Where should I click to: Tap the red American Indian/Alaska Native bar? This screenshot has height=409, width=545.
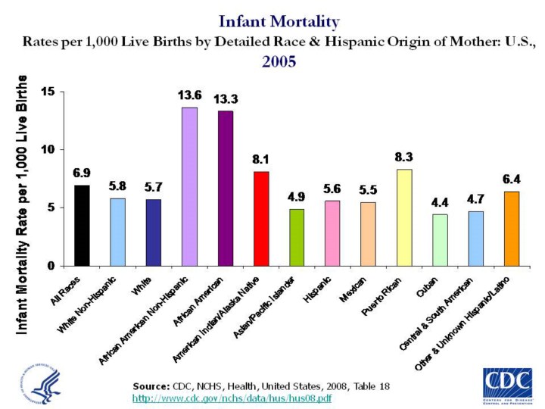click(261, 219)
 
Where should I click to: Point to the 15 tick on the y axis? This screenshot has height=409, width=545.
click(56, 92)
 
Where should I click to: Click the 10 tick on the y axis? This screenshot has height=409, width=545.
click(56, 150)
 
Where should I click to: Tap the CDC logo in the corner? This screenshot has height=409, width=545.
click(506, 383)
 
